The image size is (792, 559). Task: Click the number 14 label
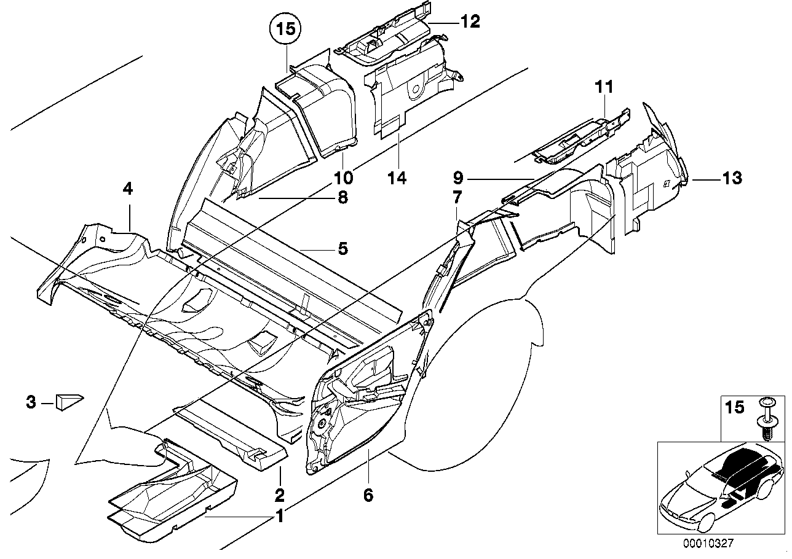397,178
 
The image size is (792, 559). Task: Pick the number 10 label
343,178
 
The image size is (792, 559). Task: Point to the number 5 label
343,249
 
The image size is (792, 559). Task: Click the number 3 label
31,403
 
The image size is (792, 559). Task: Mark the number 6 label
368,495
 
